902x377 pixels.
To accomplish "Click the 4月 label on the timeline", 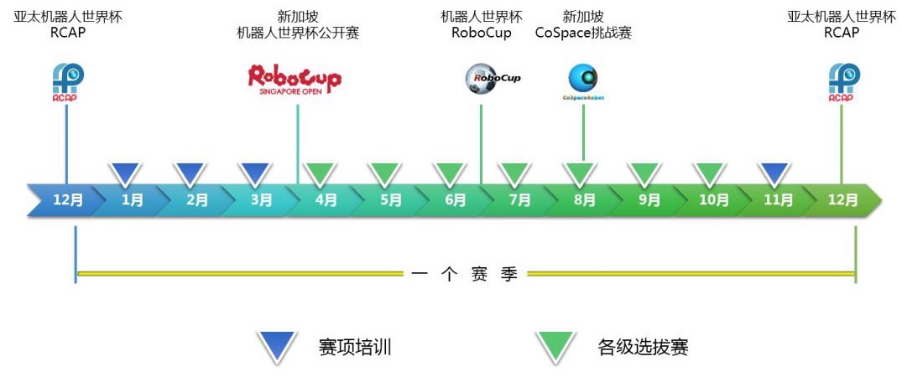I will [x=326, y=201].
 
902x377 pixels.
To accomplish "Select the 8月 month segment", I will [x=585, y=201].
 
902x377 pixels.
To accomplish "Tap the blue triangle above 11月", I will [x=774, y=173].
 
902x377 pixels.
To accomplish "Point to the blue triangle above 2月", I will [x=190, y=173].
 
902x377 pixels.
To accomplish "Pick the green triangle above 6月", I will [x=450, y=173].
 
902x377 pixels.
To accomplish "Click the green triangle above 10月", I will [x=710, y=173].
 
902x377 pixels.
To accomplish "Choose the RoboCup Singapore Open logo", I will [x=295, y=80].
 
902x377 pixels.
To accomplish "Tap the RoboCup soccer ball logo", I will [x=493, y=79].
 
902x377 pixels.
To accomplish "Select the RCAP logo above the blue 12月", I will [x=68, y=83].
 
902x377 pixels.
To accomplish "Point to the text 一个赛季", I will [x=465, y=274].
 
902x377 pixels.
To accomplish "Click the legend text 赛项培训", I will [x=355, y=347].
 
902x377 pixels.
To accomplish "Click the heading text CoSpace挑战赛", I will [x=583, y=34].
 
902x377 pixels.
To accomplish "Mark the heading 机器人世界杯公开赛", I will [x=298, y=34].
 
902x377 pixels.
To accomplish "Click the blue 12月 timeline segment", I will [x=68, y=201].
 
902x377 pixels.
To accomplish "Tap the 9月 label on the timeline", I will [x=649, y=201].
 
